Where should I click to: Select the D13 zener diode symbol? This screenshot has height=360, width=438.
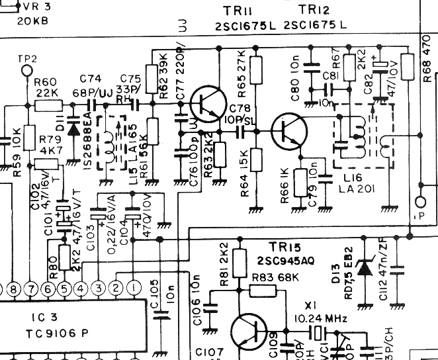363,268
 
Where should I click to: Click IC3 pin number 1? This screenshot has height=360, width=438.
132,288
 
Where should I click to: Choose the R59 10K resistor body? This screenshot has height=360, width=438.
28,138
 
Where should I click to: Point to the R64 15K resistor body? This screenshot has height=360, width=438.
256,159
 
